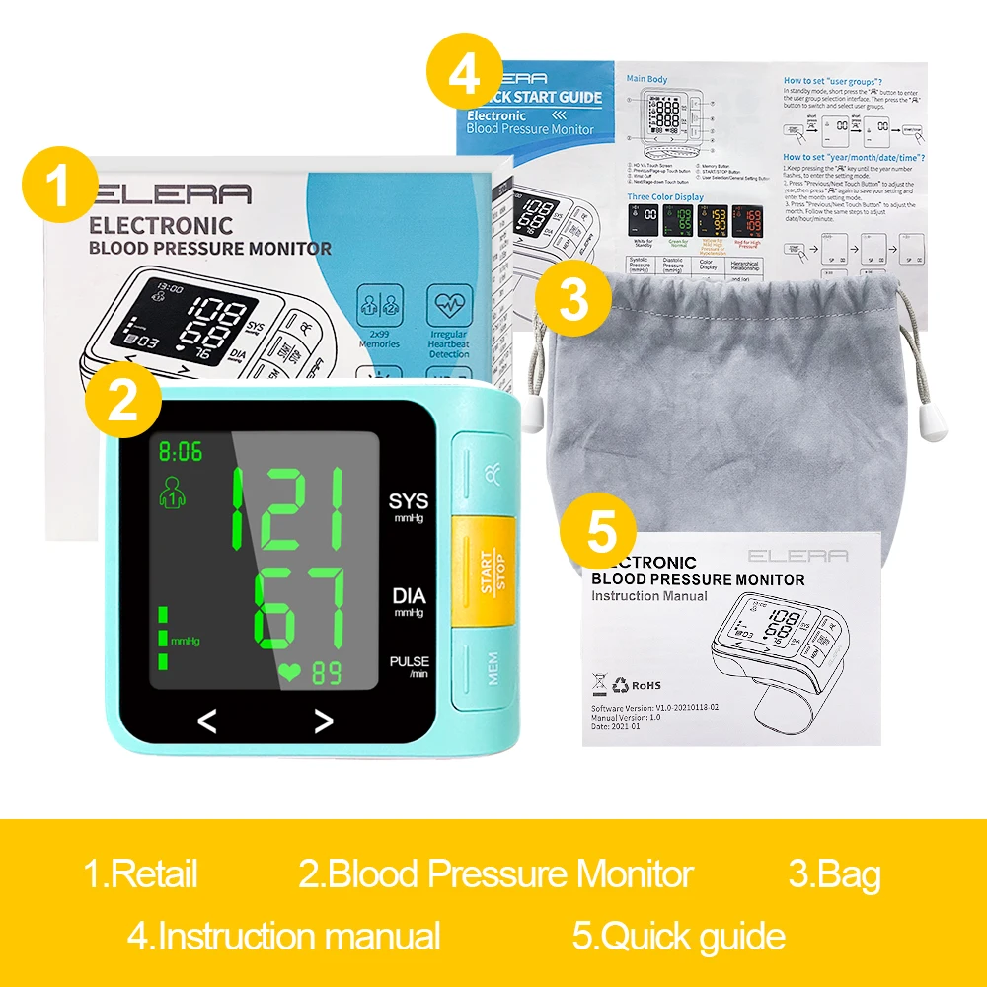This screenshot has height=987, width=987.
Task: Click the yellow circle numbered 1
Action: coord(60,184)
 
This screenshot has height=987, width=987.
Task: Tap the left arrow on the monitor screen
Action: coord(206,721)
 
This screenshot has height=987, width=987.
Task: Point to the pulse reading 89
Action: coord(327,674)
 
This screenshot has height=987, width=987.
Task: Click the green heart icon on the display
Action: coord(290,675)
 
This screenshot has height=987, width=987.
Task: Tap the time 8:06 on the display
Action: coord(181,453)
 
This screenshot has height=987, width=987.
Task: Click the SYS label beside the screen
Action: coord(409,502)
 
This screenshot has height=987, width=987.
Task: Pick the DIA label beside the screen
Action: coord(409,596)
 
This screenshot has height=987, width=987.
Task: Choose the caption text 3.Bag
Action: coord(834,874)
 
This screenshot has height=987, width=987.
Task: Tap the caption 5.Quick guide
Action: coord(678,936)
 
